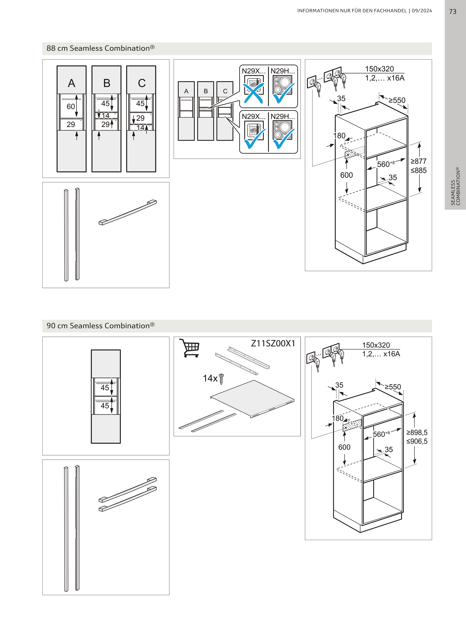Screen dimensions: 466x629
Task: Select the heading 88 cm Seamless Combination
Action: click(101, 48)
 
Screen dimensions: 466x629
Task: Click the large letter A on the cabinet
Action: click(72, 83)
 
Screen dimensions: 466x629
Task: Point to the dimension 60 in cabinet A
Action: click(70, 107)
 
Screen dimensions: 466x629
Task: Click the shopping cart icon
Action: click(189, 348)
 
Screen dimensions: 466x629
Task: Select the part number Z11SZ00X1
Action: click(273, 343)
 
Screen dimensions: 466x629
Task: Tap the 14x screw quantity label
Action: click(210, 378)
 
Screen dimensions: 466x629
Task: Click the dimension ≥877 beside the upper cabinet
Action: click(418, 161)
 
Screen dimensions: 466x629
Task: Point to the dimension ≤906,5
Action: click(417, 441)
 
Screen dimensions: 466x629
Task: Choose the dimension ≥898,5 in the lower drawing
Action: click(417, 432)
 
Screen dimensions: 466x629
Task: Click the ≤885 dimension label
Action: click(418, 170)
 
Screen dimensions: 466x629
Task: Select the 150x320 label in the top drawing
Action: click(379, 69)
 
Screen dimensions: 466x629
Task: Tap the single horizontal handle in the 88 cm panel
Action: click(128, 212)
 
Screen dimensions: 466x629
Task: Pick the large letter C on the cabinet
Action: click(142, 83)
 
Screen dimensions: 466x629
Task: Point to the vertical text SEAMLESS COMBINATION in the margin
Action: click(455, 186)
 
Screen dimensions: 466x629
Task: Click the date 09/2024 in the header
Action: click(422, 11)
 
